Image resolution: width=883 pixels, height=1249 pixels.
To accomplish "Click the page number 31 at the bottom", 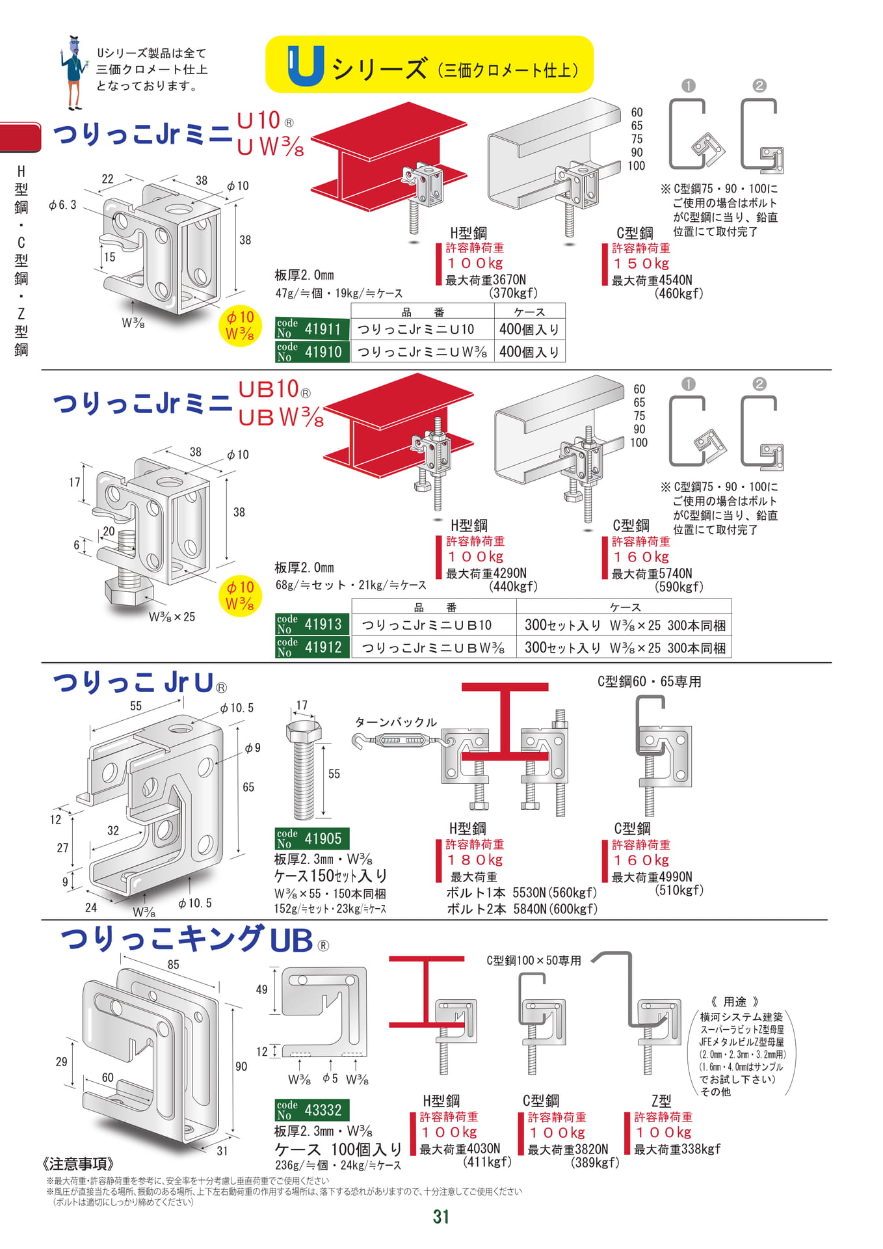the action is tap(441, 1216).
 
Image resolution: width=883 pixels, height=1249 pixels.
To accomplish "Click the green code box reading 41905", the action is tap(312, 839).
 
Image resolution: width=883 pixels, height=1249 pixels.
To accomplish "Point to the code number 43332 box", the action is tap(312, 1110).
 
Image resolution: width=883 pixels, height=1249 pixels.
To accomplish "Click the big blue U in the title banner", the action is tap(306, 66).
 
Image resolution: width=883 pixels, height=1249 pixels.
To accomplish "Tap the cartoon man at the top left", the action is tap(74, 72).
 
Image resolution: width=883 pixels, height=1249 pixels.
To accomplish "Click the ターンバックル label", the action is tap(396, 722).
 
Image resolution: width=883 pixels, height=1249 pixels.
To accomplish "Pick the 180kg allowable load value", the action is tap(475, 860).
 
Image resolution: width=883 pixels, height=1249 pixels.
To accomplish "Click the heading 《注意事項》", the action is tap(79, 1164).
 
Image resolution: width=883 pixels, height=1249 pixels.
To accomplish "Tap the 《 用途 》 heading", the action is tap(735, 1002).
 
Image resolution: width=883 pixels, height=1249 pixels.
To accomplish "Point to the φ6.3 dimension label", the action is tap(62, 205).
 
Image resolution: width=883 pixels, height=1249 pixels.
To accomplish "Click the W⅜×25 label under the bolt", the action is tap(172, 617).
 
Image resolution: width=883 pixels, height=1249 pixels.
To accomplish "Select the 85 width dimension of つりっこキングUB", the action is tap(173, 965).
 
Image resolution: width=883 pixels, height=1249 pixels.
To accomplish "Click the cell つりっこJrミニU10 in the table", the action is tap(416, 329).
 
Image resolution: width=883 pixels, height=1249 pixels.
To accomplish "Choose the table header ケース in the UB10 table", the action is tap(625, 607).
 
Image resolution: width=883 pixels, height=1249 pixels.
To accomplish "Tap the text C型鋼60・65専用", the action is tap(649, 682).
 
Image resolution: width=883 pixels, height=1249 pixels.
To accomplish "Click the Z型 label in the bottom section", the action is tap(661, 1101).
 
